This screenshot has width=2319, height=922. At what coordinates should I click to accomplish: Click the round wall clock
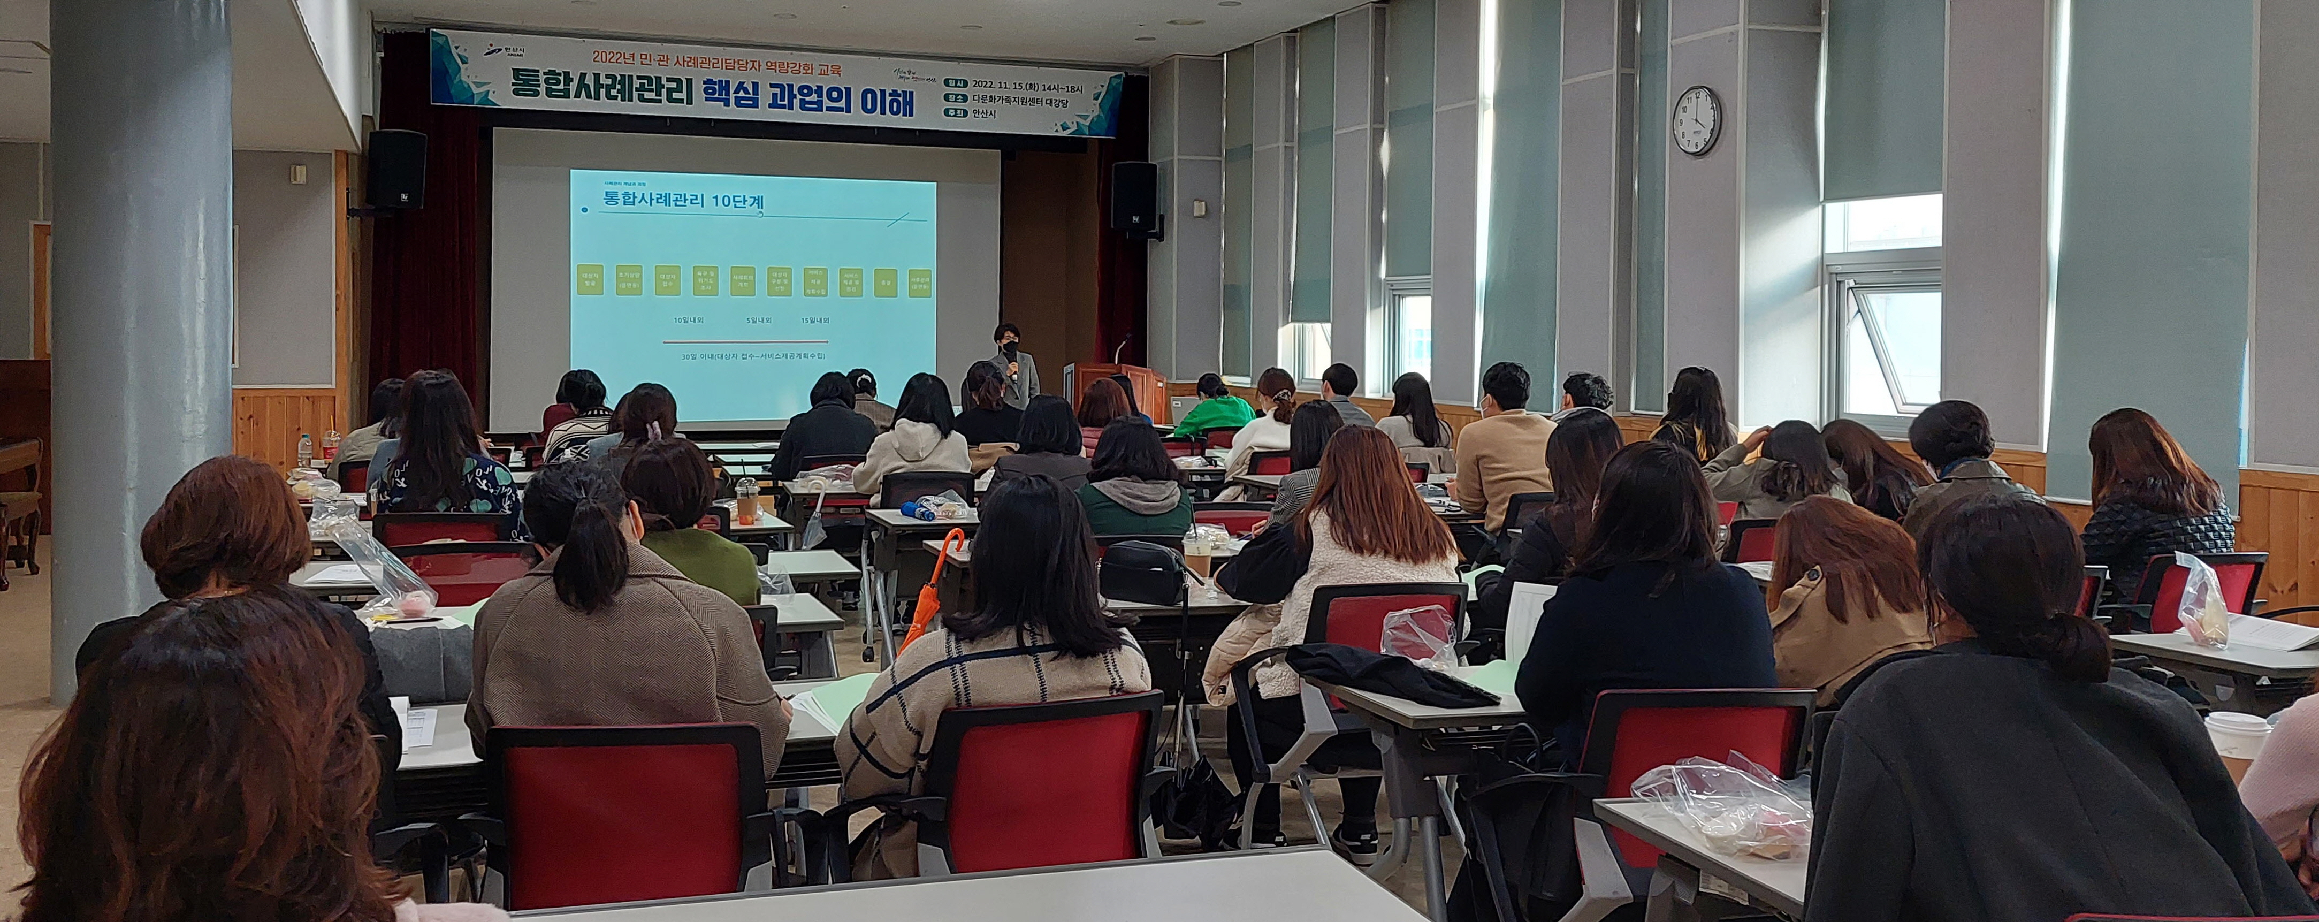tap(1696, 120)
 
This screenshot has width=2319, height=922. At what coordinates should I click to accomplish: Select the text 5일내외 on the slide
tap(759, 319)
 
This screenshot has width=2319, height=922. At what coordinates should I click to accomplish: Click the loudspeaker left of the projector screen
tap(396, 169)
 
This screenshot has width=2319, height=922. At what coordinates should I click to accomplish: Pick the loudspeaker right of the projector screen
tap(1133, 196)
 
